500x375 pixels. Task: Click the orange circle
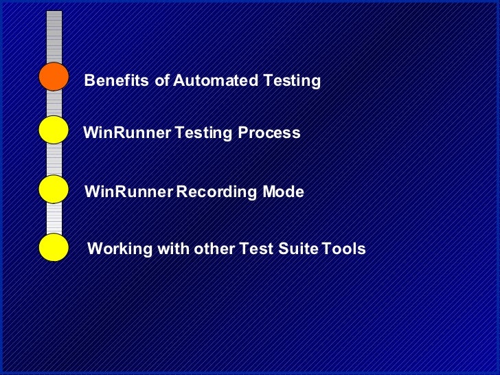(54, 76)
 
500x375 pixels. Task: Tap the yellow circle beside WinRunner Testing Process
(54, 130)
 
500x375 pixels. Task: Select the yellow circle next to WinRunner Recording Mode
(54, 189)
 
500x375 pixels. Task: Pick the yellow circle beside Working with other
(54, 247)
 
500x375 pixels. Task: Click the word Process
(269, 133)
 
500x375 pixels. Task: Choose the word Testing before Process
(204, 133)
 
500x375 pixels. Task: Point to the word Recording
(217, 193)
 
